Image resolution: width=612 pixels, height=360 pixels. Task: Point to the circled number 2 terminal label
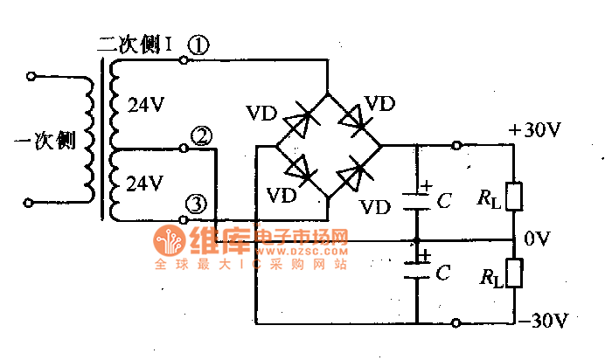(201, 135)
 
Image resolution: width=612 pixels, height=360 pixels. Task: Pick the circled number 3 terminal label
(198, 204)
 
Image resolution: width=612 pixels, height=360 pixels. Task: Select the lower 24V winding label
(145, 183)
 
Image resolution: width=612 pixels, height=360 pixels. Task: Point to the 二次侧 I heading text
(136, 44)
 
